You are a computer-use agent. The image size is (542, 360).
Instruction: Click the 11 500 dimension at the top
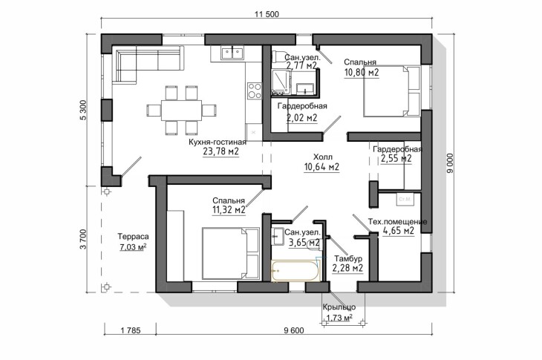267,14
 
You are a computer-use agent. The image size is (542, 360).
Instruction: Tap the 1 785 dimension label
131,330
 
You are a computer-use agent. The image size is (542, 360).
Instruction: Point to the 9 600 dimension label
294,330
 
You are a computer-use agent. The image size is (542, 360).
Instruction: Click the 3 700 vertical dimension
83,238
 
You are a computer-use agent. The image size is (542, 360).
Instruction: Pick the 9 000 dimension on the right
450,164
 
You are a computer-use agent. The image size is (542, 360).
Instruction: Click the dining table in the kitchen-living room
181,110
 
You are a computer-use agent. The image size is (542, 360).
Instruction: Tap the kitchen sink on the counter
232,53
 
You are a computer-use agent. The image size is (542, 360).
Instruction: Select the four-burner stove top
254,90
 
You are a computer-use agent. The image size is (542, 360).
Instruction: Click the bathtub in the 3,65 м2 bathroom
296,270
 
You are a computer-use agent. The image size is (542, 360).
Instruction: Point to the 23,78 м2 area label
221,151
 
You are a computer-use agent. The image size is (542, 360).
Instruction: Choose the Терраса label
133,237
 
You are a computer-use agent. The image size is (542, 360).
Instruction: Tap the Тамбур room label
348,258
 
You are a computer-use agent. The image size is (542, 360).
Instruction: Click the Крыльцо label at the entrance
339,307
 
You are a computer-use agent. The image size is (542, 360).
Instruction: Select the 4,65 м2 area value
399,230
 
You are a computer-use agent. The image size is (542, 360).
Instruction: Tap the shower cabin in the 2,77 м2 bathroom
281,82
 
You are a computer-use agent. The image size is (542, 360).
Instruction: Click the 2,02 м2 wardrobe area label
301,118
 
